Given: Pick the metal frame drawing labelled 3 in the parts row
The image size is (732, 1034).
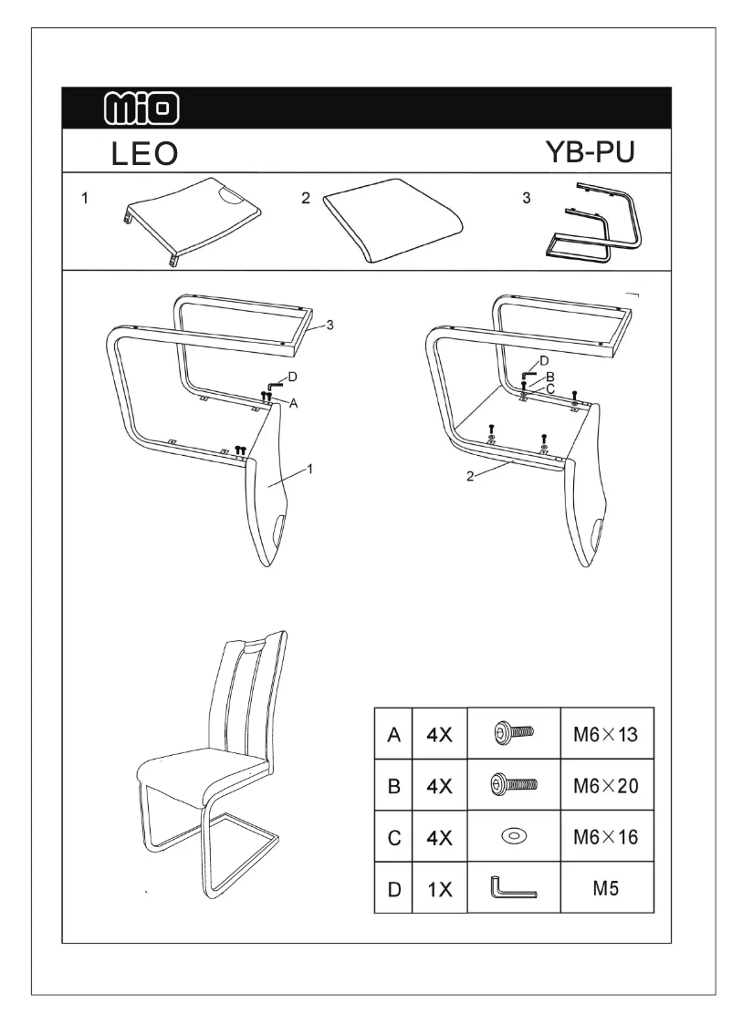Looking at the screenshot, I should tap(592, 224).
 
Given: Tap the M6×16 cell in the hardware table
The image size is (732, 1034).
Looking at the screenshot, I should tap(606, 835).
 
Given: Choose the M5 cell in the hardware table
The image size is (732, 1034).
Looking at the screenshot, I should tap(606, 886).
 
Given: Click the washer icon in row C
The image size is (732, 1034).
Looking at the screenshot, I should tap(512, 835).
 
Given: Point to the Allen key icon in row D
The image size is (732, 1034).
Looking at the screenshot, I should tap(514, 887).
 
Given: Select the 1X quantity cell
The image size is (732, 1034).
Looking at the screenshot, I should tap(439, 887).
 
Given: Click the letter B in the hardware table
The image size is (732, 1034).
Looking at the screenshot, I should tap(392, 784).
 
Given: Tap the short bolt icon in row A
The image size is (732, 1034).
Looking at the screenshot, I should tap(512, 732).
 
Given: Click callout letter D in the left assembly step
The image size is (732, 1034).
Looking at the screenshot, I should tap(292, 377).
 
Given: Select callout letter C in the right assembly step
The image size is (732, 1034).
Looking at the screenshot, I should tap(549, 388).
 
